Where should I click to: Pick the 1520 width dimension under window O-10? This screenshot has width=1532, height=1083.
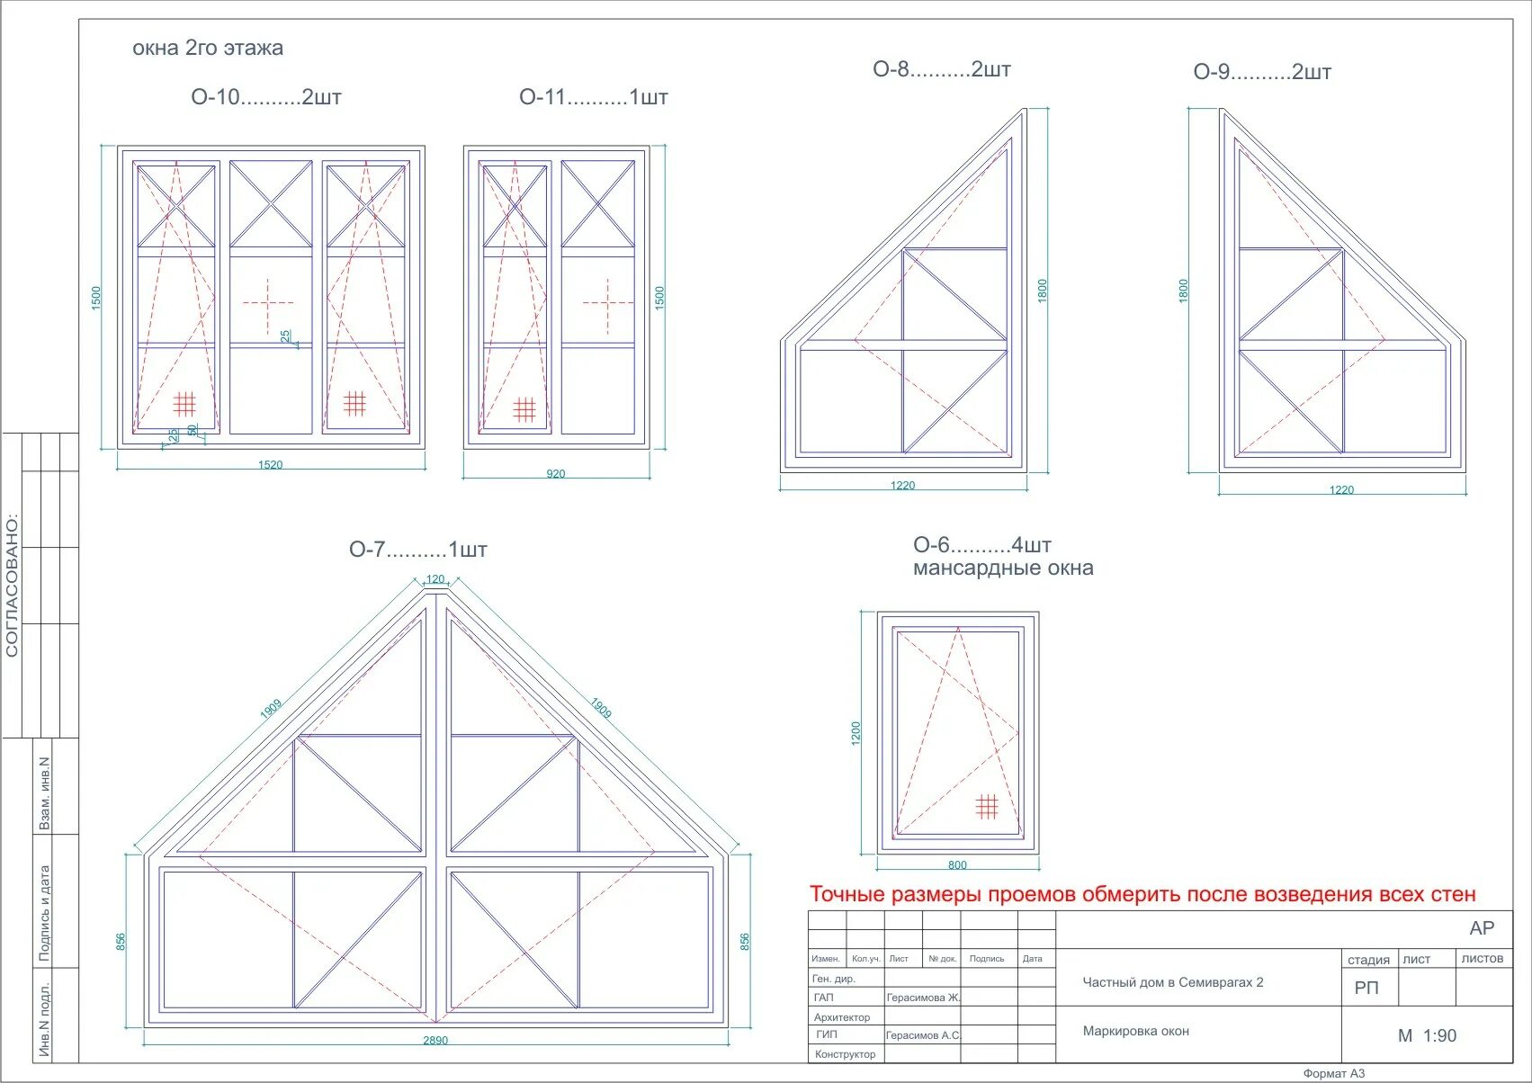coord(270,465)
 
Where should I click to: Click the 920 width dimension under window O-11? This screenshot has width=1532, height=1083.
coord(556,474)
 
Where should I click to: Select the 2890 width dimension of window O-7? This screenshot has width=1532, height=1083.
coord(435,1041)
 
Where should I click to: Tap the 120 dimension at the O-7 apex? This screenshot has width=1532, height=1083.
coord(435,579)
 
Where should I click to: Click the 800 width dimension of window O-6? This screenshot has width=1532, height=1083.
coord(957,865)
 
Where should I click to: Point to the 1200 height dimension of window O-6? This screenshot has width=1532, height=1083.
coord(856,733)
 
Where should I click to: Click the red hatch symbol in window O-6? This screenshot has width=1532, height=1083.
coord(987,806)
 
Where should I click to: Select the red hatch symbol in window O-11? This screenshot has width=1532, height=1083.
coord(524,409)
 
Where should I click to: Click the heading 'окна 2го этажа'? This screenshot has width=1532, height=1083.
coord(208,49)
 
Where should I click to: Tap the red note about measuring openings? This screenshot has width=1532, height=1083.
coord(1142,894)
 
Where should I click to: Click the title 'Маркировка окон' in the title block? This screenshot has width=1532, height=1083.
coord(1135,1031)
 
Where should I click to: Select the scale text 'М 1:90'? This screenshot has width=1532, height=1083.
coord(1427,1035)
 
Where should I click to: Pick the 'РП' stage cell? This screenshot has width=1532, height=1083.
coord(1366,988)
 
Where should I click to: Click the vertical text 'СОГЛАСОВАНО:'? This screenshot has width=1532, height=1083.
coord(13,585)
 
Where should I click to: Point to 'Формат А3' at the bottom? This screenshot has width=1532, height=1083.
coord(1333,1073)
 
